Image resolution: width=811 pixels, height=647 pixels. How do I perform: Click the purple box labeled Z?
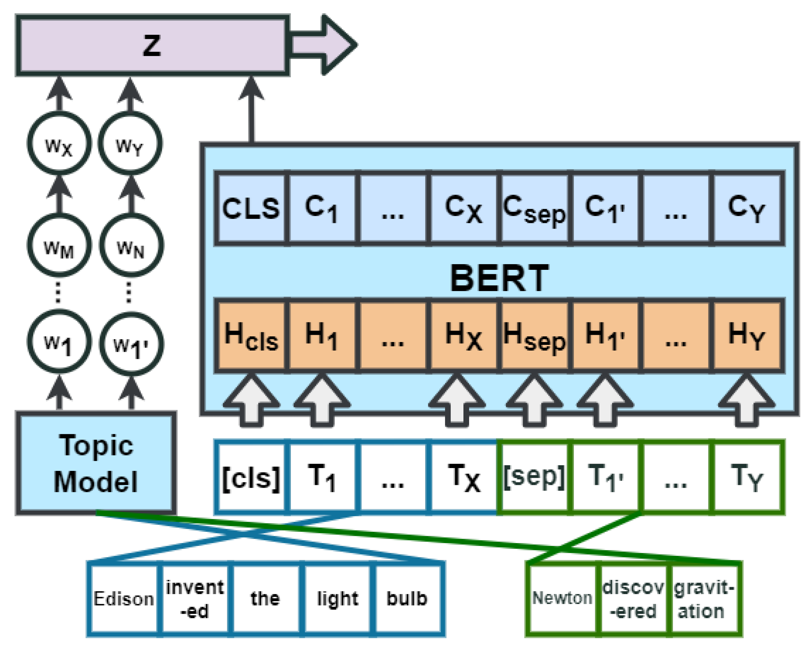click(152, 45)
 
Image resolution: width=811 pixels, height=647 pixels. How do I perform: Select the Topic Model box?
click(96, 463)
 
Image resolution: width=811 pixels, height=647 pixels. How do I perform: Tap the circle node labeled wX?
click(59, 144)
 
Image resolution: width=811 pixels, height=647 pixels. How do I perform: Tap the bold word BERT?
click(500, 278)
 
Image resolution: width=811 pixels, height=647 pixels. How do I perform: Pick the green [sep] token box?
click(534, 477)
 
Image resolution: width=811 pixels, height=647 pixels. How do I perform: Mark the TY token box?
click(747, 477)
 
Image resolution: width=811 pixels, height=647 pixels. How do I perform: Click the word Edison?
click(124, 599)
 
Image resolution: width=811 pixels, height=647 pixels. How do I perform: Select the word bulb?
click(407, 599)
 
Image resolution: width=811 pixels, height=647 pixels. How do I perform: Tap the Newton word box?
click(563, 599)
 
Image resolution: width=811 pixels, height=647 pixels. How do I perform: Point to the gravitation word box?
click(703, 599)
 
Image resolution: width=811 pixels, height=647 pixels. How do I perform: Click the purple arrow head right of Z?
click(338, 45)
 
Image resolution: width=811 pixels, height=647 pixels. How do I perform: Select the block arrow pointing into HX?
click(457, 401)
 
